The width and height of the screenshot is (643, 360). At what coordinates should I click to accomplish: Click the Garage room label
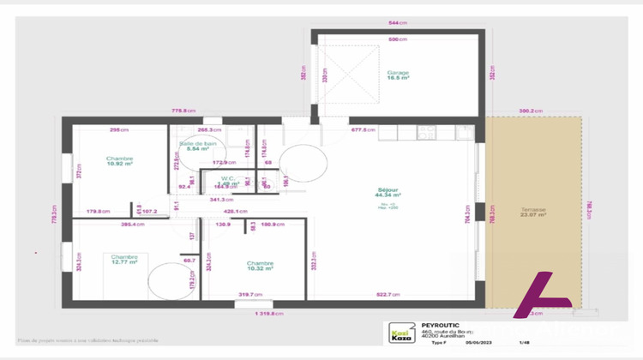[397, 73]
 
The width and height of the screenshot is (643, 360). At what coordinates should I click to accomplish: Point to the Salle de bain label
[197, 143]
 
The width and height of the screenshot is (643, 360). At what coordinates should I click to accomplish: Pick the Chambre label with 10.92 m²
[119, 159]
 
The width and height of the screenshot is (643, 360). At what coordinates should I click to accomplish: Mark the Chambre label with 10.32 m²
[259, 263]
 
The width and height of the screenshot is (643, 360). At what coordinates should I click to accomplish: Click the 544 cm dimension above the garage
[397, 22]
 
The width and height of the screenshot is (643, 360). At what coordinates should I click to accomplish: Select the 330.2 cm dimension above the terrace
[532, 110]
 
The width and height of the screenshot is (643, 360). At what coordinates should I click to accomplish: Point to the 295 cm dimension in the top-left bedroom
[119, 130]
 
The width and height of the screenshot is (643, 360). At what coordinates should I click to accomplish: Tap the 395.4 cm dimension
[132, 224]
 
